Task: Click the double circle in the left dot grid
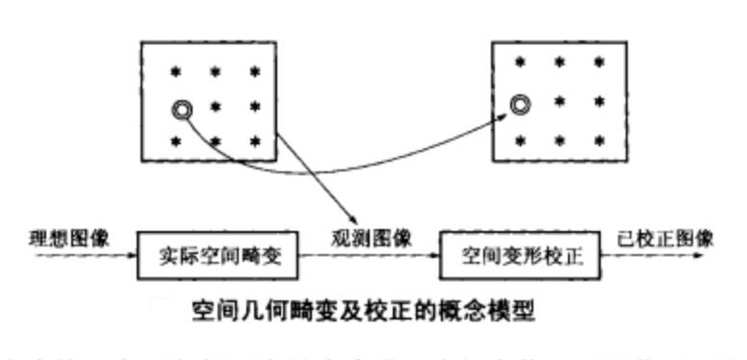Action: pos(180,109)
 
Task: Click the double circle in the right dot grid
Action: pos(521,102)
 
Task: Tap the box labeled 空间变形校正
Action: pos(515,255)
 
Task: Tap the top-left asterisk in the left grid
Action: pos(177,71)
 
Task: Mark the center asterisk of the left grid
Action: pos(216,106)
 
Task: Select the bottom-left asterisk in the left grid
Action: pos(177,141)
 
